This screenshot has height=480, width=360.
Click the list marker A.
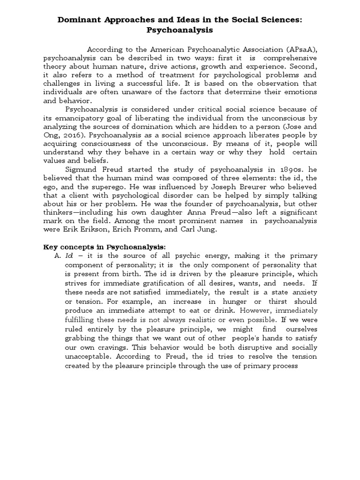(58, 255)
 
